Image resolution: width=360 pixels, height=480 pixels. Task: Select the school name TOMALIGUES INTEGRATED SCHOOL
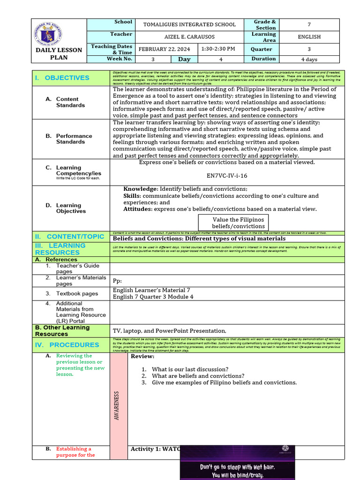coord(189,24)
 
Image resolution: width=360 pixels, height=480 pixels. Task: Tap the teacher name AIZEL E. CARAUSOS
coord(189,37)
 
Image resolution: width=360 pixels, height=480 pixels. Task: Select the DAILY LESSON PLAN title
coord(59,54)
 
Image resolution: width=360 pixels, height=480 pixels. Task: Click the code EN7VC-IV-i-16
coord(227,176)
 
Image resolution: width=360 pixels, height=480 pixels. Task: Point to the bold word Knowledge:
coord(141,189)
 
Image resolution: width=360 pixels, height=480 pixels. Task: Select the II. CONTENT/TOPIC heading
coord(69,237)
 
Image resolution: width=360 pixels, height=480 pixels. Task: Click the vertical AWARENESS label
coord(117,405)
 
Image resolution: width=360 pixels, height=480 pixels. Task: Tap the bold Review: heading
coord(142,357)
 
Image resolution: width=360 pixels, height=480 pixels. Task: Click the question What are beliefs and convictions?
coord(198,376)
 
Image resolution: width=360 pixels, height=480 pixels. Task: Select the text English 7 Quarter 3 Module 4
coord(153,297)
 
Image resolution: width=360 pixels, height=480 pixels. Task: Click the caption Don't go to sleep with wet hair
coord(237,467)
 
